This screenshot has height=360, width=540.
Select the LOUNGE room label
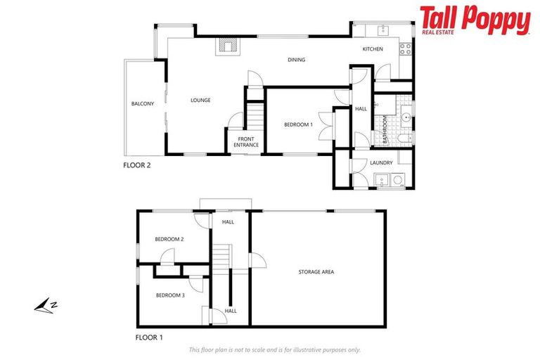[x=200, y=100]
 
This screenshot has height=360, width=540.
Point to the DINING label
[x=296, y=60]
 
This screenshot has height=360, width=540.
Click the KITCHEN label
[x=373, y=49]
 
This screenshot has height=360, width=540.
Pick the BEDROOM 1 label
[x=297, y=124]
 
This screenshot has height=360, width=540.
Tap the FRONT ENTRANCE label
[x=246, y=142]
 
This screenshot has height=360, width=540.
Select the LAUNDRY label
[x=380, y=163]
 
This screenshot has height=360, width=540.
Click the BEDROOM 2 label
[x=169, y=239]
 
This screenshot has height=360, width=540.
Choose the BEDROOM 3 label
[x=170, y=295]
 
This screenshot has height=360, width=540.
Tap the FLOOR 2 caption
[x=137, y=167]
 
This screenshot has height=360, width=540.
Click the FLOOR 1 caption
[x=149, y=337]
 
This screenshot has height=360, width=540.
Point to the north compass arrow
[x=46, y=304]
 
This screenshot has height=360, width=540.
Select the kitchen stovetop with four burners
[x=405, y=49]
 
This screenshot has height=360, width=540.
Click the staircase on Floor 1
[x=223, y=257]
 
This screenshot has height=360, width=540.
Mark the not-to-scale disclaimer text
[x=274, y=349]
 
